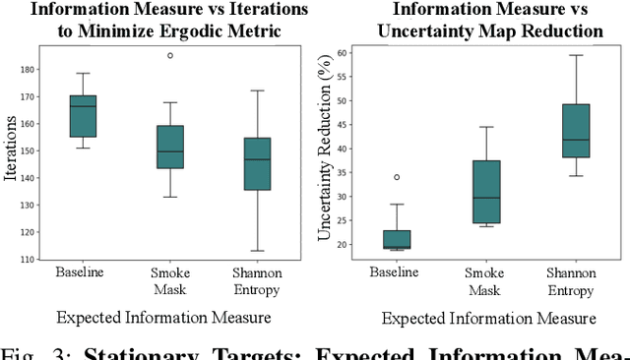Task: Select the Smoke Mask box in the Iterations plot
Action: tap(169, 147)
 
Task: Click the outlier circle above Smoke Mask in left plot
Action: tap(169, 55)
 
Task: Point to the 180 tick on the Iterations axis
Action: tap(38, 70)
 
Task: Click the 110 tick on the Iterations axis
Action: tap(38, 259)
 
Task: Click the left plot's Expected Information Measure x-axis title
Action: tap(163, 318)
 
